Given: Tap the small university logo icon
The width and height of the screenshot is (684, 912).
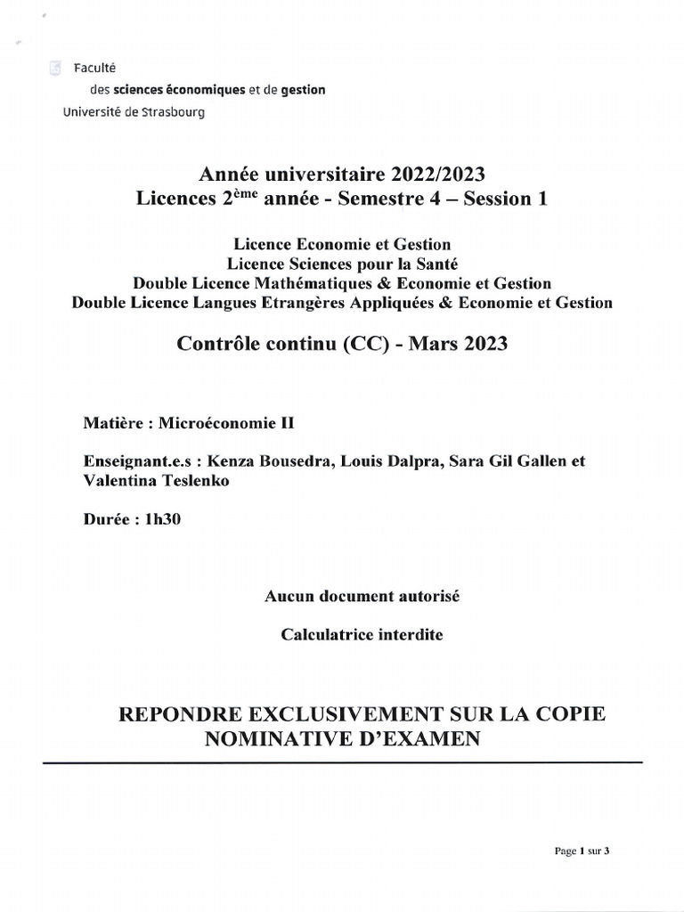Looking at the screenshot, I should [56, 68].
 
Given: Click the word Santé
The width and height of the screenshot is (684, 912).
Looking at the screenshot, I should [435, 263].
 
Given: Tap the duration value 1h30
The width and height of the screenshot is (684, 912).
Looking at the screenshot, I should [161, 522].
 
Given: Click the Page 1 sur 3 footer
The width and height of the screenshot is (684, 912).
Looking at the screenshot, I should [582, 851].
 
